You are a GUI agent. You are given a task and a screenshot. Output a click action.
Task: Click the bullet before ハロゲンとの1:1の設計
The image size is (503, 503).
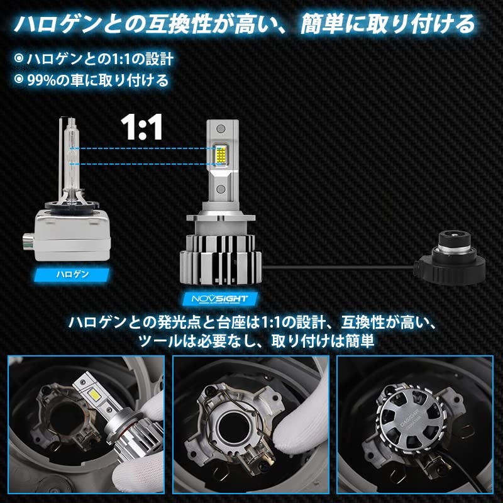tap(19, 58)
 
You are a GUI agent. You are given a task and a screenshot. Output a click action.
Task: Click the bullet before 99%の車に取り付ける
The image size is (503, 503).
tap(19, 80)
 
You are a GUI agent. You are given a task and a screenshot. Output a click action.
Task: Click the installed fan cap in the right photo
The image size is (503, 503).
tap(415, 421)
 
